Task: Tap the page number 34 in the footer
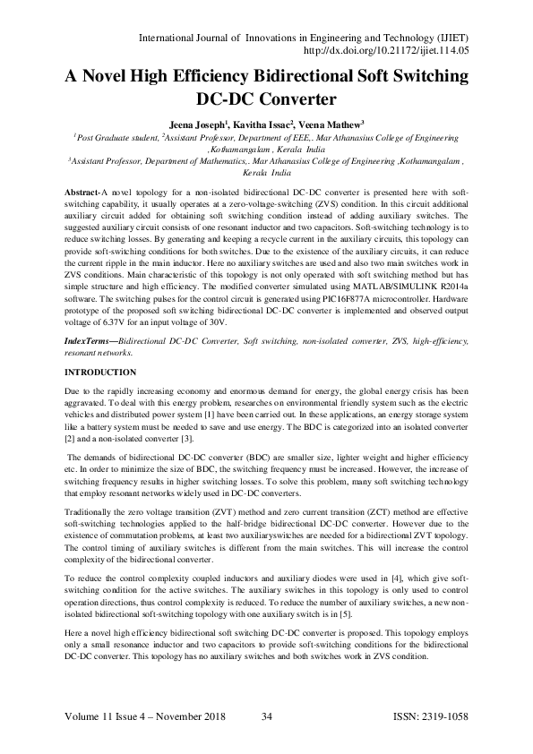pos(266,716)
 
